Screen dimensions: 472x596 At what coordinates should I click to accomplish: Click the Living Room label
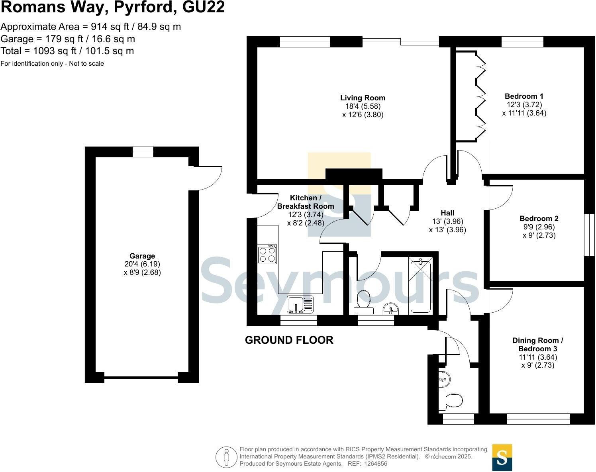click(x=363, y=98)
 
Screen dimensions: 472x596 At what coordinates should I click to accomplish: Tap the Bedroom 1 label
click(x=524, y=96)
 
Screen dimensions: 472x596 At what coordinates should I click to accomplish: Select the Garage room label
click(x=142, y=256)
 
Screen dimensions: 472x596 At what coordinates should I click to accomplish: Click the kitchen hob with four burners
click(x=267, y=254)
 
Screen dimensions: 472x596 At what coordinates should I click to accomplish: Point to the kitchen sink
click(x=300, y=304)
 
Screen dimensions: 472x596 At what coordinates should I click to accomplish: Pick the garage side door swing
click(x=210, y=178)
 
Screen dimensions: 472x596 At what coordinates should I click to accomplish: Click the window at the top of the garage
click(x=143, y=152)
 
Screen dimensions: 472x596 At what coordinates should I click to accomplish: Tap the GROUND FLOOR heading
click(x=289, y=340)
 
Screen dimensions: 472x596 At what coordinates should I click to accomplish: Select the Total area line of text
click(x=67, y=51)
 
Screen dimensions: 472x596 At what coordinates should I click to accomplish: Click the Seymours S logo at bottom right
click(x=502, y=457)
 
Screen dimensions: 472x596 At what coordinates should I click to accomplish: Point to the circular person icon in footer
click(x=227, y=457)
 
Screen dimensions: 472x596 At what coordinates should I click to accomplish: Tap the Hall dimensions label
click(x=447, y=225)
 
